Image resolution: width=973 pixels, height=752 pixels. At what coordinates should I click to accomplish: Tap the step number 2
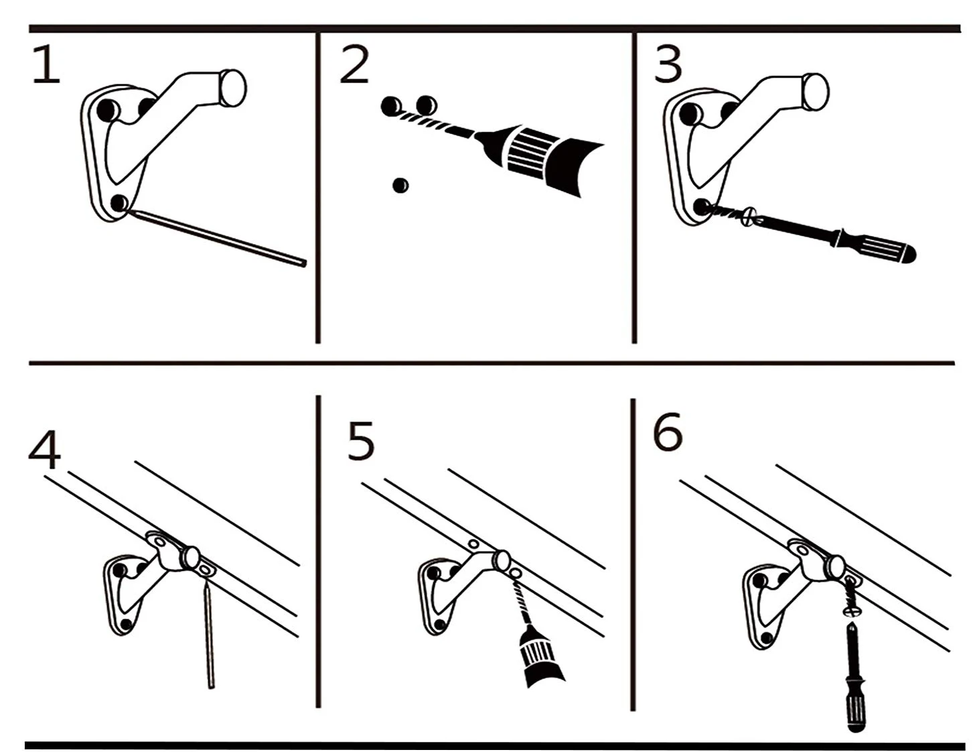tap(354, 66)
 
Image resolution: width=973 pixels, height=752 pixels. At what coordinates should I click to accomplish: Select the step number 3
tap(668, 66)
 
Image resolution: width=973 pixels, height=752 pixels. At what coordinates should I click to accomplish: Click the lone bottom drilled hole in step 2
tap(400, 185)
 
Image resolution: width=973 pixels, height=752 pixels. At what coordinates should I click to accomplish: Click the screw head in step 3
tap(749, 218)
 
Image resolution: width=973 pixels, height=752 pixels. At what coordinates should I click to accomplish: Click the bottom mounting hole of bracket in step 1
tap(120, 203)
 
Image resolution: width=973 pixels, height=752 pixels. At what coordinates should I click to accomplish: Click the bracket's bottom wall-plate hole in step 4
tap(125, 625)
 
